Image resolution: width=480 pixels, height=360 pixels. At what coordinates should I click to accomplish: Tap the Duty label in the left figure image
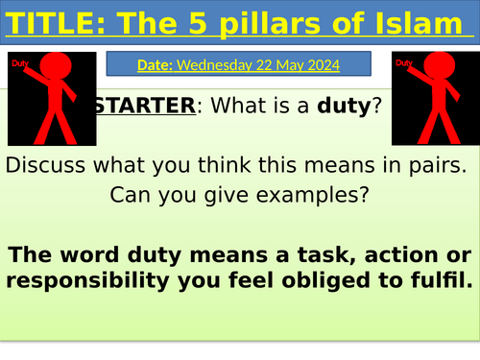tap(20, 62)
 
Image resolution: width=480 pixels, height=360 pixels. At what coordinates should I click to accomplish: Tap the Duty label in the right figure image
tap(403, 62)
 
